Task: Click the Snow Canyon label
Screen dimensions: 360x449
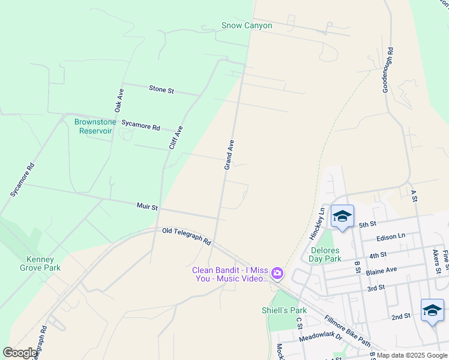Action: click(x=247, y=26)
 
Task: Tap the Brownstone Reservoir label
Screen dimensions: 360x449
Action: click(x=93, y=126)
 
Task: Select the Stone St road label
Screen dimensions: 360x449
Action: click(x=161, y=89)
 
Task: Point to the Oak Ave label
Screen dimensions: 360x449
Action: click(x=119, y=100)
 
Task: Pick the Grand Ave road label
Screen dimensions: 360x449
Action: click(x=229, y=155)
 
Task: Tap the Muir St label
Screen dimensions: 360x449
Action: click(x=146, y=207)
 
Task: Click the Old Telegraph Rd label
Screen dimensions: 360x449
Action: click(x=186, y=236)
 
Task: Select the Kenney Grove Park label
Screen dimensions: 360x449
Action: click(x=43, y=264)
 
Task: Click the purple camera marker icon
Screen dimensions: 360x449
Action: click(x=277, y=274)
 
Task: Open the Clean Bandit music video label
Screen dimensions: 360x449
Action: click(x=230, y=274)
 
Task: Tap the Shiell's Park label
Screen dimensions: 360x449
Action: click(x=284, y=310)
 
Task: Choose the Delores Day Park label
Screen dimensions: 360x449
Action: click(x=326, y=254)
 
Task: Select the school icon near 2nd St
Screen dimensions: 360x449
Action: click(x=432, y=310)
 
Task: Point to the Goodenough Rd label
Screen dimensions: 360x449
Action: click(x=389, y=70)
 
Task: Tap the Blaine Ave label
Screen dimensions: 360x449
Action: click(x=382, y=272)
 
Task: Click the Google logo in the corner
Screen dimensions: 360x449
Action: click(x=20, y=353)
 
